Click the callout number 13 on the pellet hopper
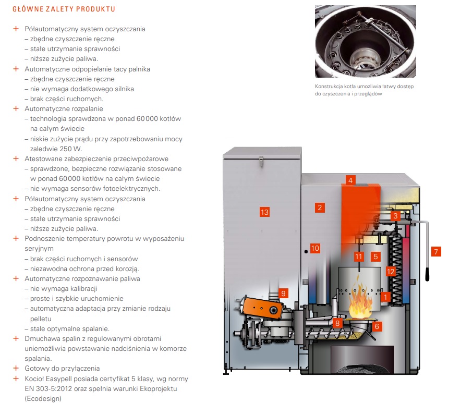point(264,212)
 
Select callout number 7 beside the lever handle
point(436,252)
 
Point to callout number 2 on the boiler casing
point(320,207)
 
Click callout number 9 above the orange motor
point(283,292)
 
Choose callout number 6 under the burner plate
point(377,326)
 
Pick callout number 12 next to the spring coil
point(391,271)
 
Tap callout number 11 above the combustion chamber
point(358,257)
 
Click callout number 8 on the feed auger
point(337,324)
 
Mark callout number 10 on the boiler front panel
point(314,248)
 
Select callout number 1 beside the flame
point(385,297)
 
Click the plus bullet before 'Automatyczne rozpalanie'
point(16,109)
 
